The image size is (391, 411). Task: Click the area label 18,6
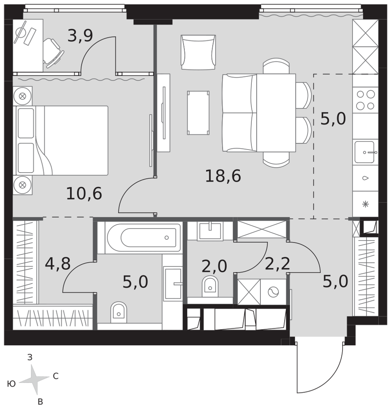(223, 176)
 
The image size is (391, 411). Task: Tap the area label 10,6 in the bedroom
(84, 194)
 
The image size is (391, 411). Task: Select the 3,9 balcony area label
(80, 36)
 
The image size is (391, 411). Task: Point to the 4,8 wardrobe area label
(57, 264)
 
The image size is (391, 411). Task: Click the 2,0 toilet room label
(214, 266)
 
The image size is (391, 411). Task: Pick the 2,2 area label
(277, 263)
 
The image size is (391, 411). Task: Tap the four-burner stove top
(366, 99)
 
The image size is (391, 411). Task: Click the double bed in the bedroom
(62, 141)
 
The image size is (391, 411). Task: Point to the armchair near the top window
(198, 53)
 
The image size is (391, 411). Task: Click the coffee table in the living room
(198, 113)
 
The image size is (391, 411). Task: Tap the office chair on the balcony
(53, 53)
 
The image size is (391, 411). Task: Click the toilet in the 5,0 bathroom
(119, 312)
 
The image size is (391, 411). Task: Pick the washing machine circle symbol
(274, 292)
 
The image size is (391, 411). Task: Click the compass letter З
(30, 357)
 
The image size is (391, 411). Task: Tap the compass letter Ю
(11, 384)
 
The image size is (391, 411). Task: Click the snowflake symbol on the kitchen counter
(366, 204)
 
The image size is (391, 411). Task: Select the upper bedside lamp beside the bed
(23, 96)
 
